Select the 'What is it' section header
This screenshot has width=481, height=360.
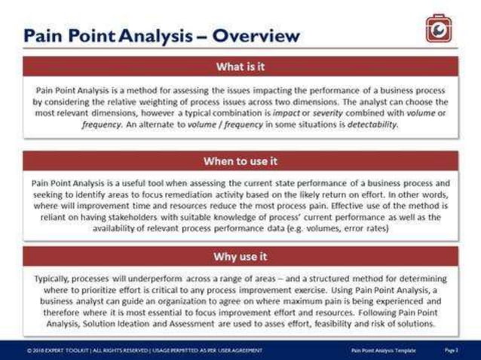(x=240, y=67)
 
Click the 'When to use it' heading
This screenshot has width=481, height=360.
(x=240, y=161)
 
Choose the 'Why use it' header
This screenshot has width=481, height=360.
(x=240, y=256)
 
